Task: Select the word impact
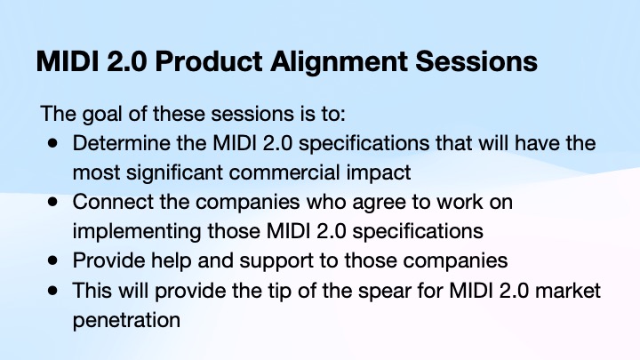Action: tap(364, 172)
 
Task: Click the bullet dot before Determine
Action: tap(53, 143)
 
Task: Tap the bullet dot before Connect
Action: tap(53, 202)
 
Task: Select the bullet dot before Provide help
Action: tap(53, 260)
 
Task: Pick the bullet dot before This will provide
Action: tap(53, 290)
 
